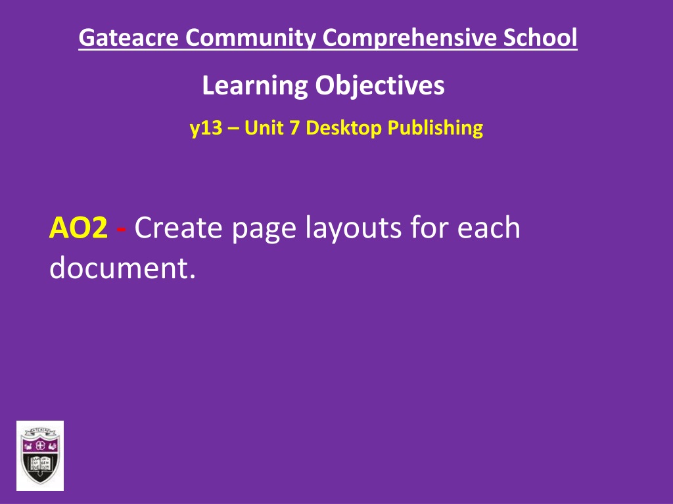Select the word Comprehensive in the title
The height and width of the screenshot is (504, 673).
pyautogui.click(x=413, y=38)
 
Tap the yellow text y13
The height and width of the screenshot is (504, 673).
pyautogui.click(x=204, y=127)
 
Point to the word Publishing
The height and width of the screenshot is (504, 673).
pyautogui.click(x=434, y=127)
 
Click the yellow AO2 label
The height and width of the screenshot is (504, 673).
pyautogui.click(x=78, y=228)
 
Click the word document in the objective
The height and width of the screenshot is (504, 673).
pyautogui.click(x=122, y=268)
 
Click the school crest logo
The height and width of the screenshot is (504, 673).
pyautogui.click(x=40, y=455)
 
